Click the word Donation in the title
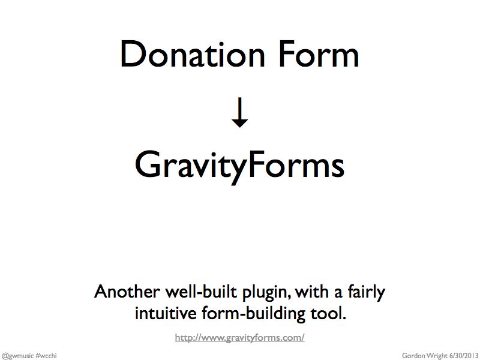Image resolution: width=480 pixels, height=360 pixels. click(193, 54)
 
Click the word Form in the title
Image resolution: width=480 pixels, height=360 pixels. click(319, 54)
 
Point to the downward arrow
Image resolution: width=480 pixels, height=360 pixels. click(239, 112)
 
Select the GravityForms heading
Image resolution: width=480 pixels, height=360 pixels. click(239, 167)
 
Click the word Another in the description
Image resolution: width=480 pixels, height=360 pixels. click(127, 292)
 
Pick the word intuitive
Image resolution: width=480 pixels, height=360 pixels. click(166, 313)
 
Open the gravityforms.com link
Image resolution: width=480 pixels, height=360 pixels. click(239, 338)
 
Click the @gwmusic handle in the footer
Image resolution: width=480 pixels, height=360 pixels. click(17, 356)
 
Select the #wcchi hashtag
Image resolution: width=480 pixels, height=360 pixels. click(46, 356)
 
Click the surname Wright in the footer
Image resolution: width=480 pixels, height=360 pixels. click(437, 356)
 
